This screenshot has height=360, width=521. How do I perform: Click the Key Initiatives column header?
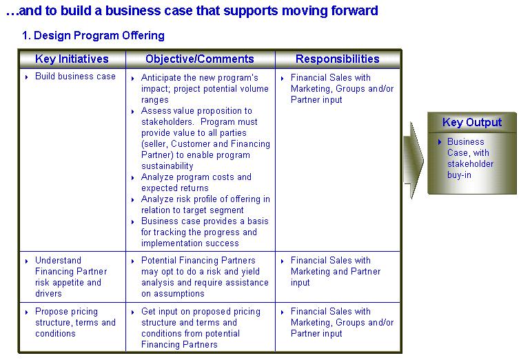click(72, 59)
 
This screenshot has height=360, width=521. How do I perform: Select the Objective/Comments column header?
click(200, 59)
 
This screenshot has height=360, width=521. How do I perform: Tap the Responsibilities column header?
click(338, 59)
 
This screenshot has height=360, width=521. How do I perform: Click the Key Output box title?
click(472, 122)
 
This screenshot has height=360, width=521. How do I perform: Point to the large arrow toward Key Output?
click(413, 161)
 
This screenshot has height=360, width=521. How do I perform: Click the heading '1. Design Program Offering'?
click(93, 36)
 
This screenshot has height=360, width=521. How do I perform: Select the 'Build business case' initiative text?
click(75, 77)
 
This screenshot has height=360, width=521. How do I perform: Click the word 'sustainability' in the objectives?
click(167, 166)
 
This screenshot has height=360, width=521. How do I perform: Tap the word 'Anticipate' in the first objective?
click(161, 78)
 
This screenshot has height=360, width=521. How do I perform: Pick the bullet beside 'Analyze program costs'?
click(132, 178)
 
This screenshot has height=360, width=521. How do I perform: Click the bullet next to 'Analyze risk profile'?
click(132, 200)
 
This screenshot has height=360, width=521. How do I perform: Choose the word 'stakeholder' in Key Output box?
click(470, 164)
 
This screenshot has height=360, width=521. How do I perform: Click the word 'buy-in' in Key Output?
click(459, 175)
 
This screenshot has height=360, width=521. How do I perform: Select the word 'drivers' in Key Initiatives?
click(48, 294)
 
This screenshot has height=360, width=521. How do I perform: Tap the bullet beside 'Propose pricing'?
click(27, 312)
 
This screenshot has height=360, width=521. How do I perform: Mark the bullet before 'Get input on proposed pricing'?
click(132, 312)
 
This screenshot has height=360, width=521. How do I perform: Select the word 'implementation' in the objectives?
click(168, 243)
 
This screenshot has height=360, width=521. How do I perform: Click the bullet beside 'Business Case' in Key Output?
click(440, 142)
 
